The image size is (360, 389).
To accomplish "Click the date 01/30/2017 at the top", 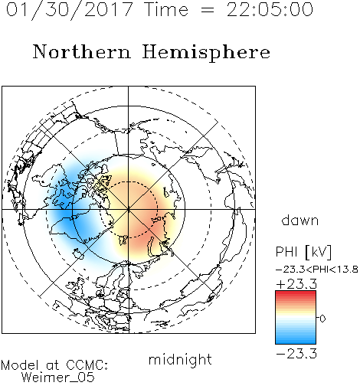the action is tap(70, 10).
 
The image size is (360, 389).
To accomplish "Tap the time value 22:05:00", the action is tap(270, 10).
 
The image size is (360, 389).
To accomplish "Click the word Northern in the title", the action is tap(82, 51).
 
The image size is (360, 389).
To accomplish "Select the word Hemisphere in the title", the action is tap(206, 53).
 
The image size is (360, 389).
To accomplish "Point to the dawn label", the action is tap(300, 220).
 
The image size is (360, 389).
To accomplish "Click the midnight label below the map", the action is tap(180, 360).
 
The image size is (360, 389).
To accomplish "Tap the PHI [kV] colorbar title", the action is tap(303, 252).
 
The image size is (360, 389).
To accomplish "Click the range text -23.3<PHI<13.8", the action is tap(317, 270).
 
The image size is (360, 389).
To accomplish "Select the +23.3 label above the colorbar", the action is tap(296, 284).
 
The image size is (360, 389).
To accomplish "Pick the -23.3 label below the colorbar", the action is tap(296, 354).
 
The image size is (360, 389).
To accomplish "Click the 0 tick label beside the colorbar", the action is tap(322, 319).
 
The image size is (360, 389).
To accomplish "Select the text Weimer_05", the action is tap(58, 378).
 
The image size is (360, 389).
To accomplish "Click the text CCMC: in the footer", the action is tap(87, 365).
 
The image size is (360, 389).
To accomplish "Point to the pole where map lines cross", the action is tap(129, 209).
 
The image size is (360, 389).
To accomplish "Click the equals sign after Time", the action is tap(208, 11).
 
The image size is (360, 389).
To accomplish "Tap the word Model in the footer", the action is tap(20, 365).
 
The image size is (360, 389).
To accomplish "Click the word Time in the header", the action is tap(166, 10).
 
